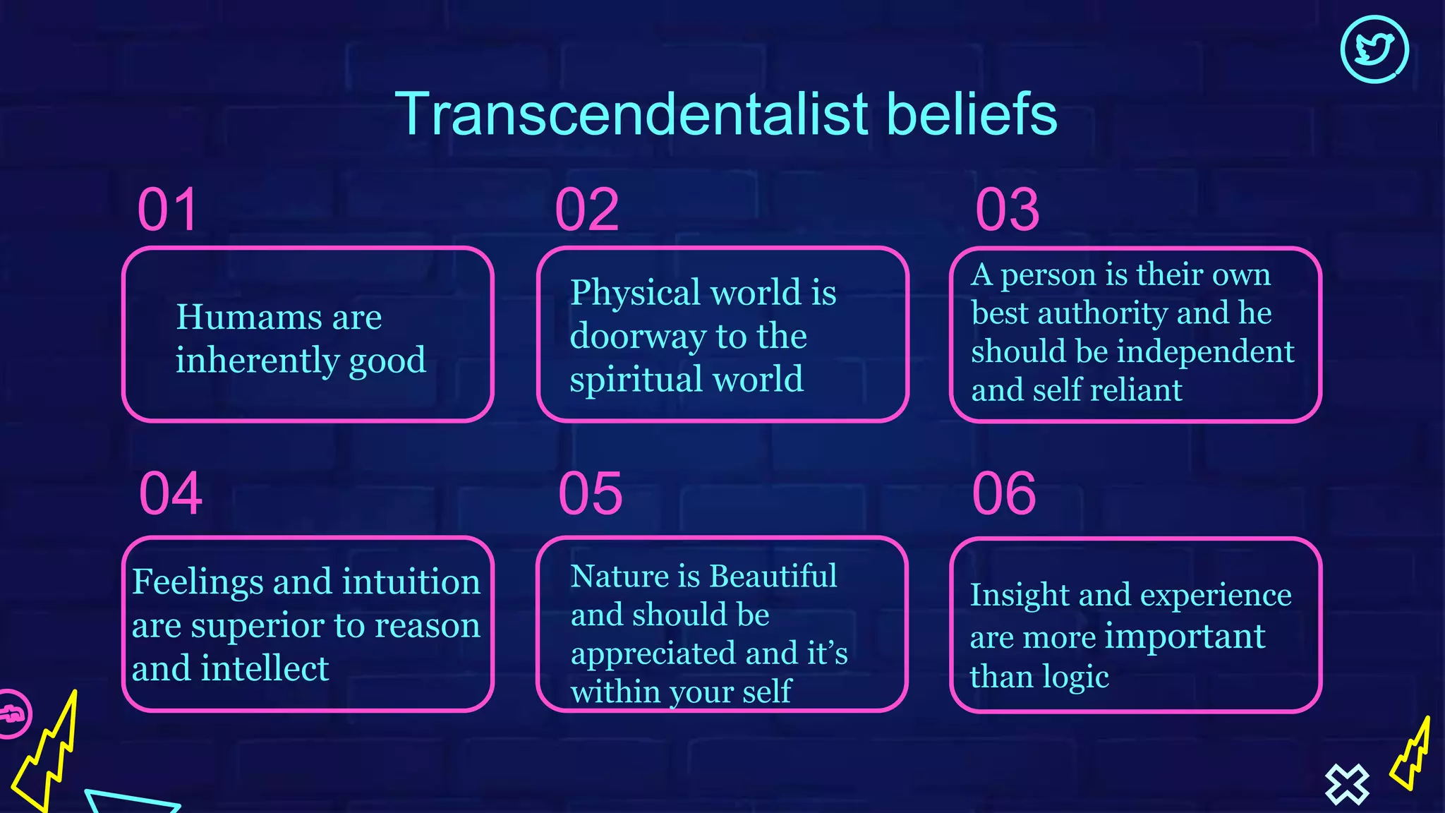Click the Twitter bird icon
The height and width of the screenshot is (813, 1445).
point(1374,49)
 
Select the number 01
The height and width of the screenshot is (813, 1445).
point(167,210)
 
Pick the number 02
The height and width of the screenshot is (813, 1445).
point(587,210)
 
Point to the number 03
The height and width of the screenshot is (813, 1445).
point(1007,210)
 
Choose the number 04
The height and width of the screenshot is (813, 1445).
point(171,493)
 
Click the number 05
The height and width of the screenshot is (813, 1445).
point(591,493)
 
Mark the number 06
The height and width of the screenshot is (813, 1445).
point(1004,493)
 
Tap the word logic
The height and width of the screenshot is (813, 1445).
point(1075,677)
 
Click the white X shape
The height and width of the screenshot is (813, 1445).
point(1346,784)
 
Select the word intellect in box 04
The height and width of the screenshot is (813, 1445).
point(265,668)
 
